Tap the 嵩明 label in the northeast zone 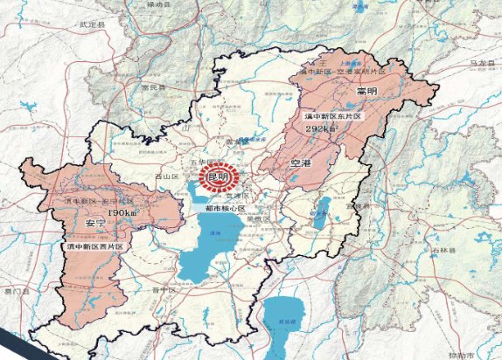pos(366,90)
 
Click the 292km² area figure pos(321,128)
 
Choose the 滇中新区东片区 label pos(331,115)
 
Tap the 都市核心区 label pos(225,210)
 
